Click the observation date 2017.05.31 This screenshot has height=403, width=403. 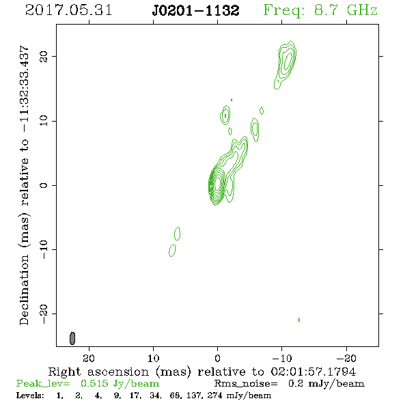point(68,10)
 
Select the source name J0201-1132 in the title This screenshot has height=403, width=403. point(195,10)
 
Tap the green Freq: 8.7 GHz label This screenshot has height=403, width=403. point(320,10)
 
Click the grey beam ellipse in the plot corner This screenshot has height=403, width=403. point(72,338)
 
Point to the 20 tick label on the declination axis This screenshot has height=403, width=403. point(44,56)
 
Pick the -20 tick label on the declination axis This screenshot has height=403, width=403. point(44,314)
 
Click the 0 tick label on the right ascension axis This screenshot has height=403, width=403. point(217,358)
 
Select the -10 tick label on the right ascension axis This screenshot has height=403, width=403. point(281,358)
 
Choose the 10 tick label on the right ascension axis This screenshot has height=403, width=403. point(153,358)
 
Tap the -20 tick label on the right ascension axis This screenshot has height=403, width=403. point(346,358)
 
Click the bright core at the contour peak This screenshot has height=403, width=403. point(217,183)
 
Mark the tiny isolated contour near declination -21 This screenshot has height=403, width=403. point(298,320)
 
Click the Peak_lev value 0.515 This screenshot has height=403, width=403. point(94,383)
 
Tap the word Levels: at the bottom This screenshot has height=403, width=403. point(30,395)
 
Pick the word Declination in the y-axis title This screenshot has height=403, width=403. point(24,290)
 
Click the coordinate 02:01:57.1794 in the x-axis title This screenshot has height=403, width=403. point(314,372)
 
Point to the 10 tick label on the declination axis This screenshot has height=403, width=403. point(44,121)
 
